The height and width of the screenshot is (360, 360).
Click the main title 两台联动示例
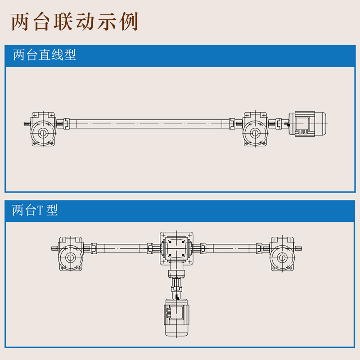tap(74, 22)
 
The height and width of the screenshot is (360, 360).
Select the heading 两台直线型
tap(44, 55)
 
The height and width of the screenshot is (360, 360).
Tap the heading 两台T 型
tap(35, 210)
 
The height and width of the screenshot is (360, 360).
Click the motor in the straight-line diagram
tap(307, 124)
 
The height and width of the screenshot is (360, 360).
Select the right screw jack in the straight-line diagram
tap(255, 129)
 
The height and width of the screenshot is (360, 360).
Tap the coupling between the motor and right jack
tap(279, 124)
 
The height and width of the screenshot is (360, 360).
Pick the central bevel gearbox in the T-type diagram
tap(176, 249)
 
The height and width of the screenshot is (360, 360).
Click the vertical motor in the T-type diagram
tap(176, 318)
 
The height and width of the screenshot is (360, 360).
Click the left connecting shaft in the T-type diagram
tap(121, 248)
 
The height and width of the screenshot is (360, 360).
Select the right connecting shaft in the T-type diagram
tap(231, 248)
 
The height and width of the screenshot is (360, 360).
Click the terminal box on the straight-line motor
tap(302, 124)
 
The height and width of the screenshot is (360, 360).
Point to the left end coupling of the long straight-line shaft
tap(67, 124)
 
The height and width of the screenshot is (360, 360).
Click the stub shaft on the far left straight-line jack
tap(27, 124)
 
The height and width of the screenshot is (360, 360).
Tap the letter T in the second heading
tap(40, 210)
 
